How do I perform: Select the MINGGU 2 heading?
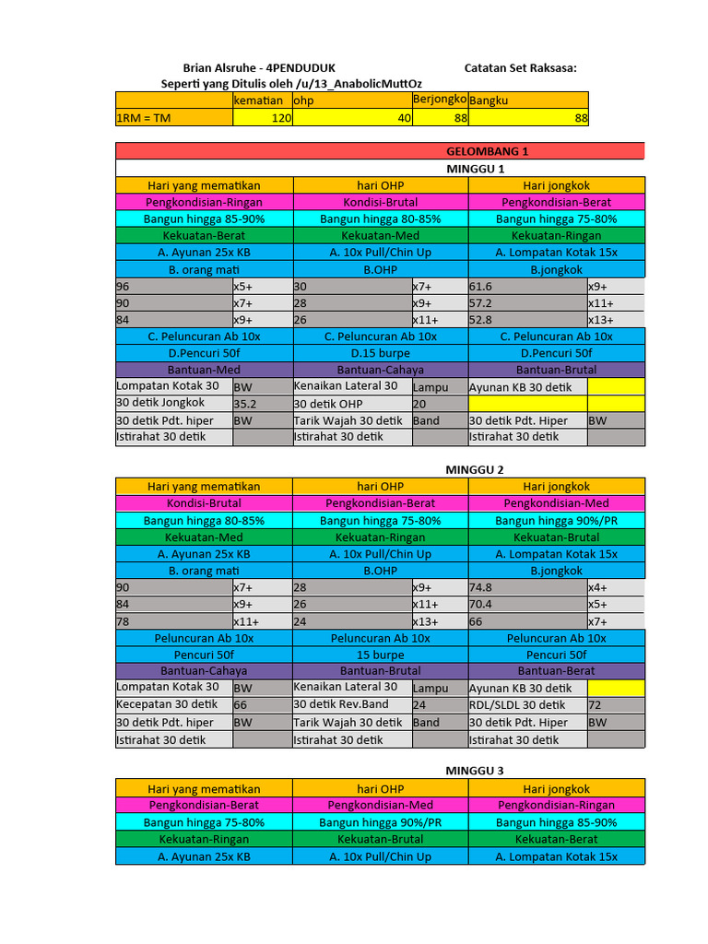(x=475, y=469)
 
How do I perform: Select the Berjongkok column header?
(x=440, y=99)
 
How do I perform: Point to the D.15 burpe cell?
(x=380, y=353)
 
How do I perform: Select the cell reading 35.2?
(x=245, y=404)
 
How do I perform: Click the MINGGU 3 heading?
(x=475, y=770)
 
